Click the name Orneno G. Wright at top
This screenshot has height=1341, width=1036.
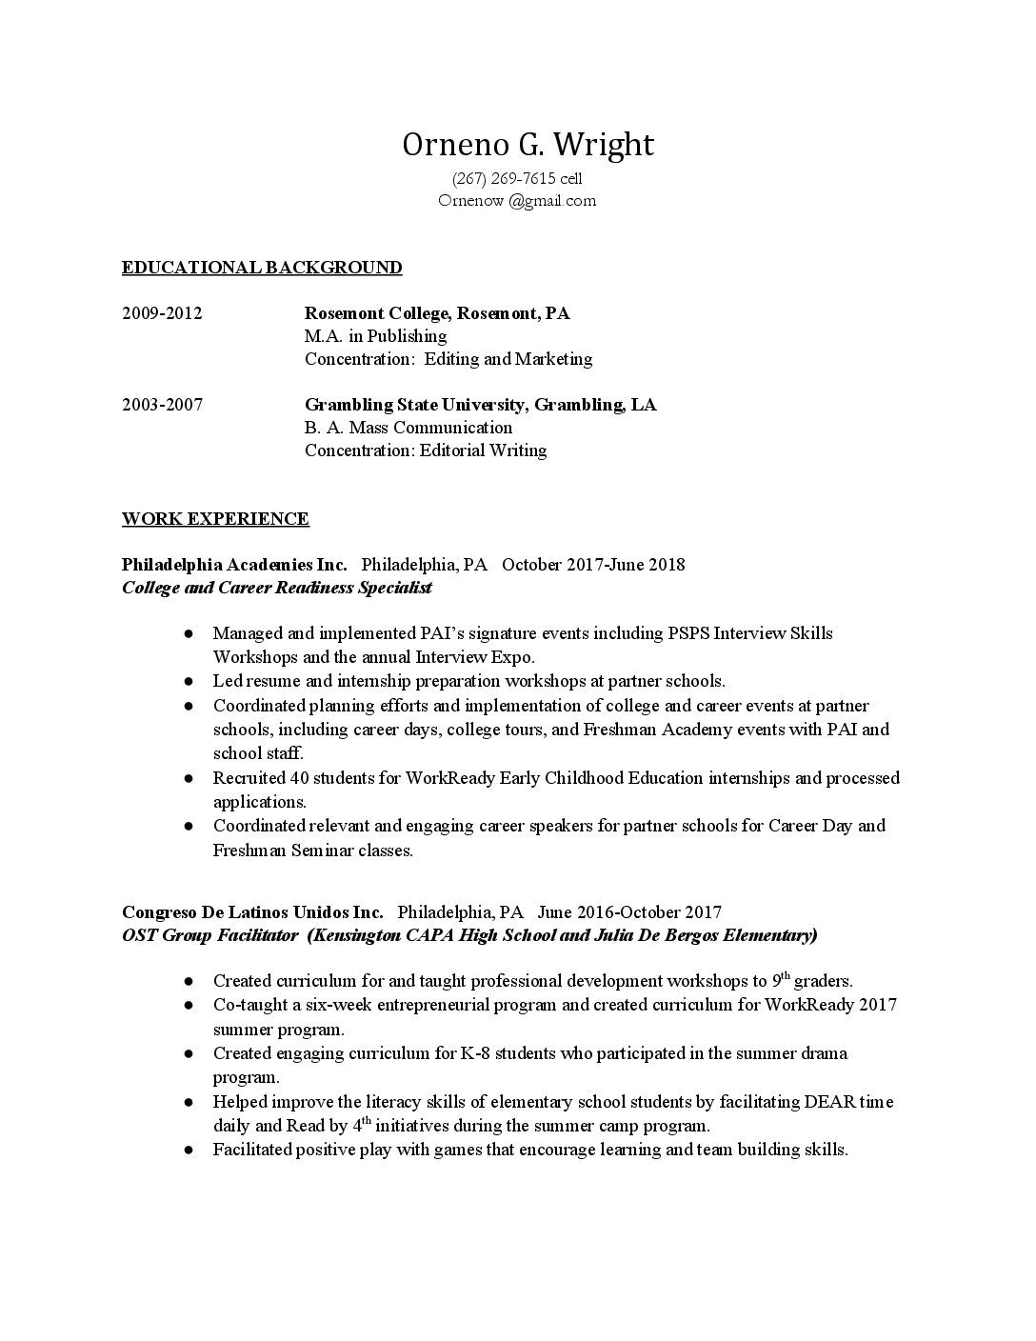(528, 145)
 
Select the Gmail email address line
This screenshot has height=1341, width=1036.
(517, 200)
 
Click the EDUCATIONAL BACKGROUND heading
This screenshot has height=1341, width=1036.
(262, 268)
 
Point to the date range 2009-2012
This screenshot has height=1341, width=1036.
(162, 313)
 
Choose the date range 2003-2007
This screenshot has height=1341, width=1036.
(162, 405)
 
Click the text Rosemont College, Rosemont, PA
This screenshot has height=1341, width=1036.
(437, 313)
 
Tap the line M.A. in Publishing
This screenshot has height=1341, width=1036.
(375, 336)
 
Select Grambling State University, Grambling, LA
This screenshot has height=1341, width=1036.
(480, 405)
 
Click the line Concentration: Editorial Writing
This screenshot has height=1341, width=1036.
(426, 450)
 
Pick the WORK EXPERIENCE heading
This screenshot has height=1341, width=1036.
(215, 519)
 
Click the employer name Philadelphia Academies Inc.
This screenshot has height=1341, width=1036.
(234, 565)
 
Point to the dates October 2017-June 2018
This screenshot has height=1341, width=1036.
(593, 565)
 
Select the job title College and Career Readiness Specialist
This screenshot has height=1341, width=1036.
(276, 588)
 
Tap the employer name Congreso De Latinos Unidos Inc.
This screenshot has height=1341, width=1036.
(252, 912)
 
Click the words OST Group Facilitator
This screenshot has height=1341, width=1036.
(209, 935)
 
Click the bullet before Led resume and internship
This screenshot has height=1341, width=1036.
(190, 682)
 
